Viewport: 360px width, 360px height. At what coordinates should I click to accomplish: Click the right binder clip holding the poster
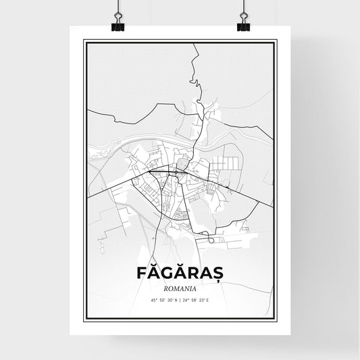point(243,25)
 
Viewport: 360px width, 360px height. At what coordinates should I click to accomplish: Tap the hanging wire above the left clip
point(118,8)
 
